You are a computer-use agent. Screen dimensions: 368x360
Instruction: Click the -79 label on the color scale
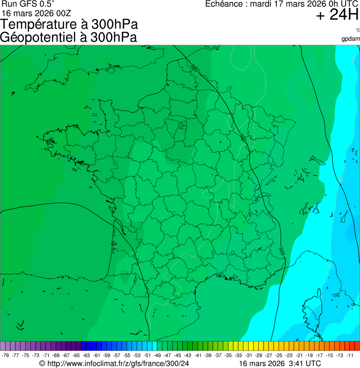point(6,355)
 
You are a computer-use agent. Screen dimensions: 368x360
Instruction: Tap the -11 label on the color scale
point(350,355)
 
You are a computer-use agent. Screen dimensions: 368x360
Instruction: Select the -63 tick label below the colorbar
point(87,355)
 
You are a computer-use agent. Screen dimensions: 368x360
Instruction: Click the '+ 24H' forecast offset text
point(337,15)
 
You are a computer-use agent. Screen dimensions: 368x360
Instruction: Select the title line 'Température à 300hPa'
point(69,24)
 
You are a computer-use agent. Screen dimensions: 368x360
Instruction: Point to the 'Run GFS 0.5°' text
point(28,4)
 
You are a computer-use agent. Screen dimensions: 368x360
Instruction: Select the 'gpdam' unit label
point(351,38)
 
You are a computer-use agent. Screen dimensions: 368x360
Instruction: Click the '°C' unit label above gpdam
point(357,30)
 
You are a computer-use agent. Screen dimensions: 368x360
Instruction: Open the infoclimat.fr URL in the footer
point(118,363)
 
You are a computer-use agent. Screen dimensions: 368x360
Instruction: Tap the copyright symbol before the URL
point(42,363)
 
